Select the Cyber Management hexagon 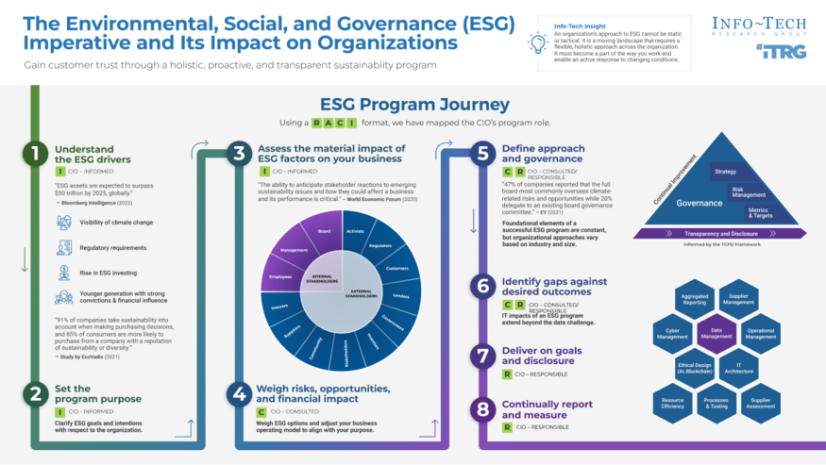click(x=672, y=333)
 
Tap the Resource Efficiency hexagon click(x=672, y=404)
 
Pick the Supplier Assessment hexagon click(x=760, y=404)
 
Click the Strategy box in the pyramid click(x=725, y=172)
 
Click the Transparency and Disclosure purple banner click(x=722, y=233)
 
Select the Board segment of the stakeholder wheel click(x=324, y=231)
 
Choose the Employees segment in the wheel click(x=280, y=277)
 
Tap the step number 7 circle click(x=483, y=356)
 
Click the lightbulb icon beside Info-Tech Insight click(x=538, y=42)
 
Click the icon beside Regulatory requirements click(x=64, y=248)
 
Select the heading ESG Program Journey click(x=414, y=105)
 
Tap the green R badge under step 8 click(x=507, y=427)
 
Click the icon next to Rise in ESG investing click(x=64, y=273)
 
